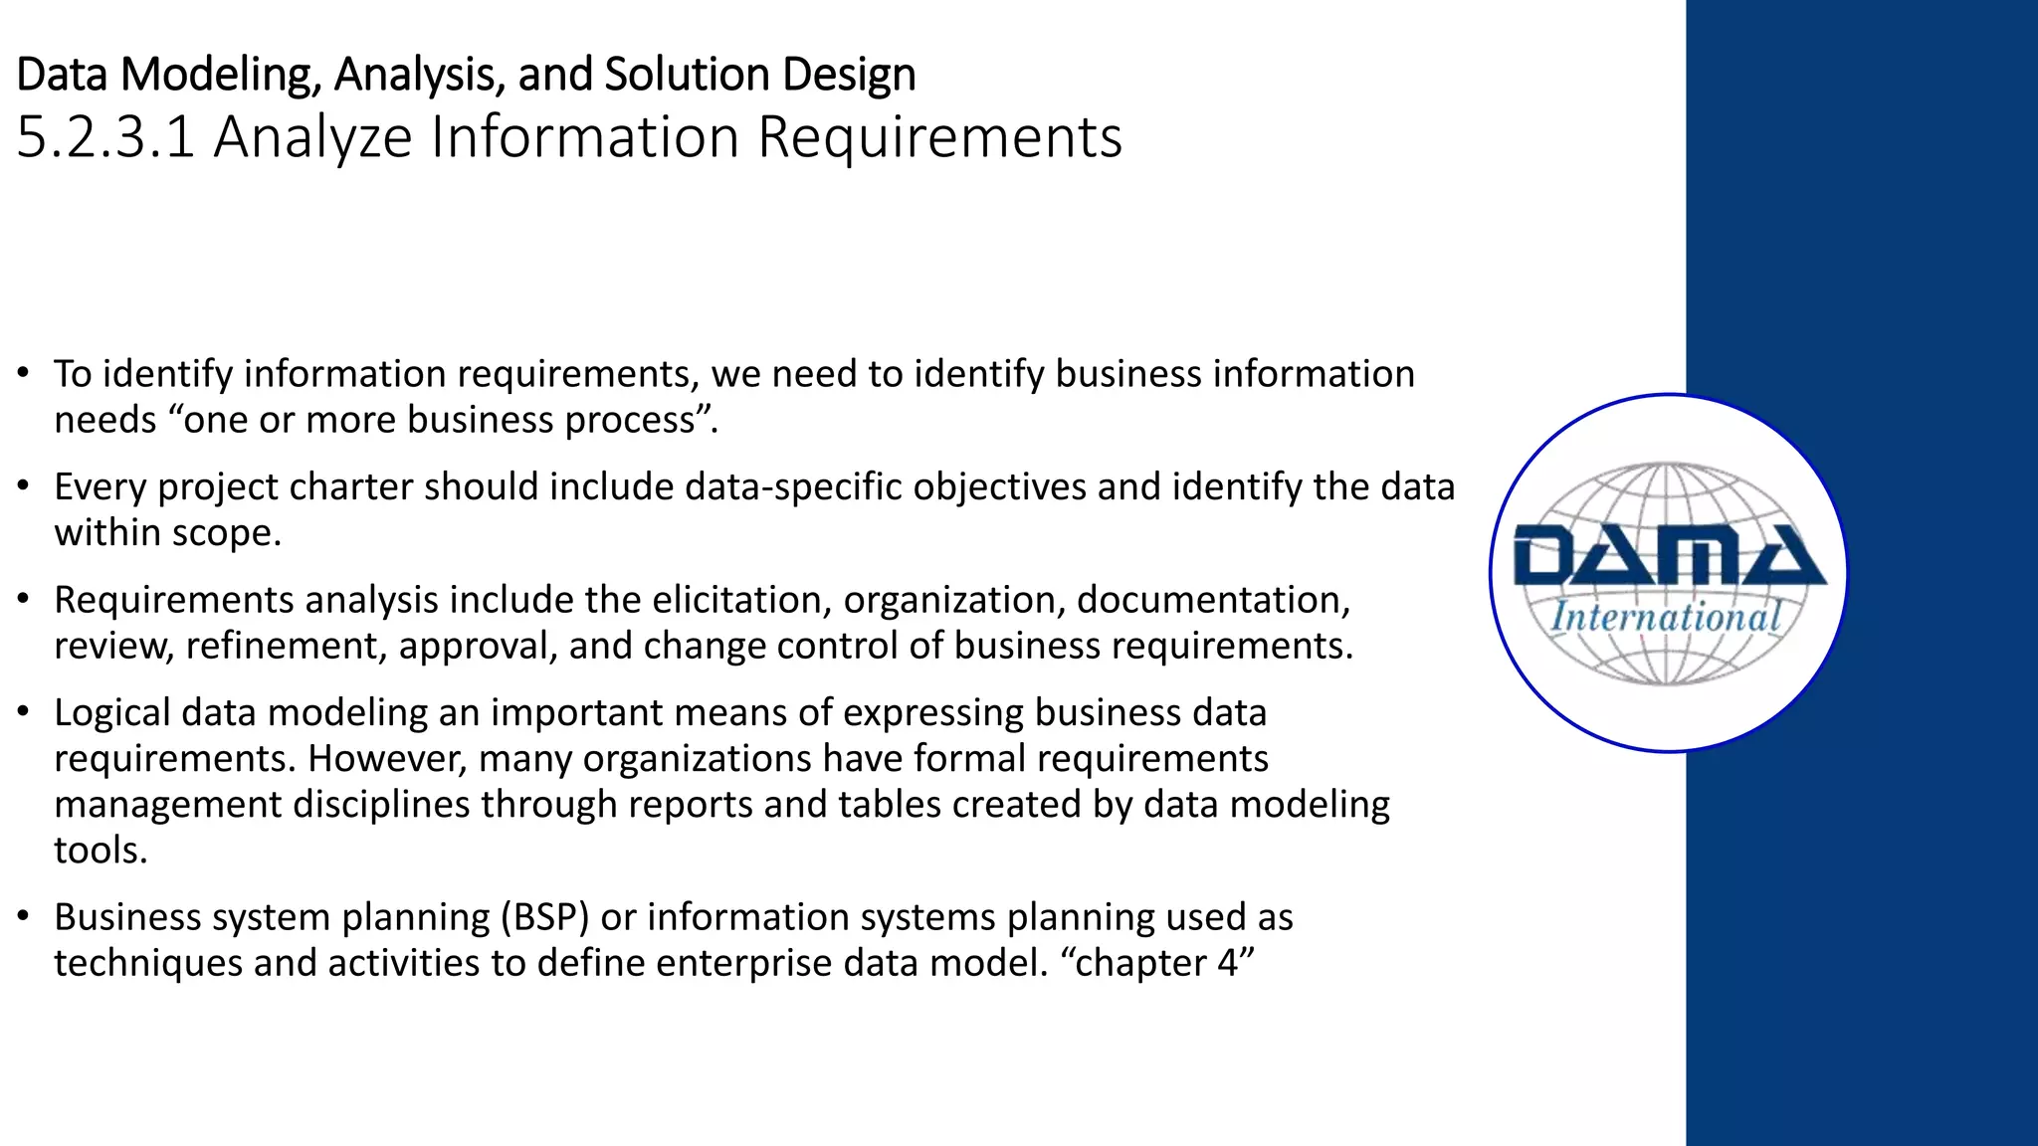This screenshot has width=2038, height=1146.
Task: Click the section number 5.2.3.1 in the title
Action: click(105, 137)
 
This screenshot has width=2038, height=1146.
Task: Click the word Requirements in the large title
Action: click(939, 137)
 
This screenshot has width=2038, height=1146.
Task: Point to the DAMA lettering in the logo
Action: click(1668, 556)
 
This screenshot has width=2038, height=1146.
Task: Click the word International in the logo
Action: click(1667, 617)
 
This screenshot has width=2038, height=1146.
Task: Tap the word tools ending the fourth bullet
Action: click(100, 851)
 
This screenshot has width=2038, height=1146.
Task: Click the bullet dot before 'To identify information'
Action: click(23, 374)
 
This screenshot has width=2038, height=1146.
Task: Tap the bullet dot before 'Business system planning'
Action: click(23, 917)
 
